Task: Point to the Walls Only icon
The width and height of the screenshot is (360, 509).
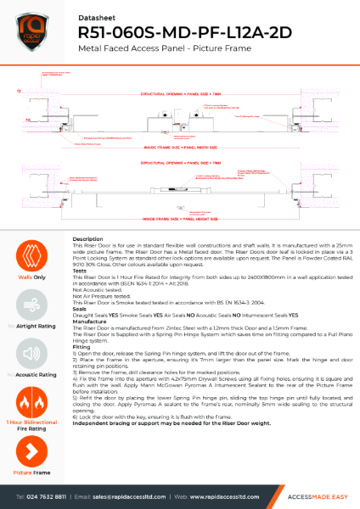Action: tap(31, 257)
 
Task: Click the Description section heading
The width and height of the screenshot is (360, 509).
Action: tap(88, 240)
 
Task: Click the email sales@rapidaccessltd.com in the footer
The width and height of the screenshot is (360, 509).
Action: tap(126, 495)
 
